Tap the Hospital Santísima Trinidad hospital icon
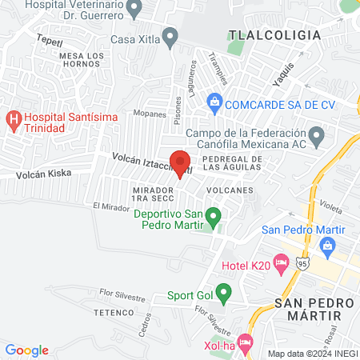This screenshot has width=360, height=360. [x=14, y=121]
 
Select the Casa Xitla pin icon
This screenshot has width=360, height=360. [x=169, y=37]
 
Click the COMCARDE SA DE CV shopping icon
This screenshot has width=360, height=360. [x=214, y=102]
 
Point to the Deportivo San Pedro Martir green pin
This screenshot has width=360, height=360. [x=213, y=216]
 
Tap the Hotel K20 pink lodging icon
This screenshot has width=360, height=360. [x=281, y=262]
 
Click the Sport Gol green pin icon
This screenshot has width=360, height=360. [x=225, y=294]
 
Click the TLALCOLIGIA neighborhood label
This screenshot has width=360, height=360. [x=274, y=35]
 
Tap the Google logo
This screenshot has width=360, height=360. [x=26, y=350]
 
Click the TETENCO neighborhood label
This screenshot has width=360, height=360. [x=112, y=311]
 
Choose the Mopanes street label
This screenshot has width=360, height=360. [x=150, y=114]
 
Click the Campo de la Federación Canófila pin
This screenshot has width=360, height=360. [x=318, y=134]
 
